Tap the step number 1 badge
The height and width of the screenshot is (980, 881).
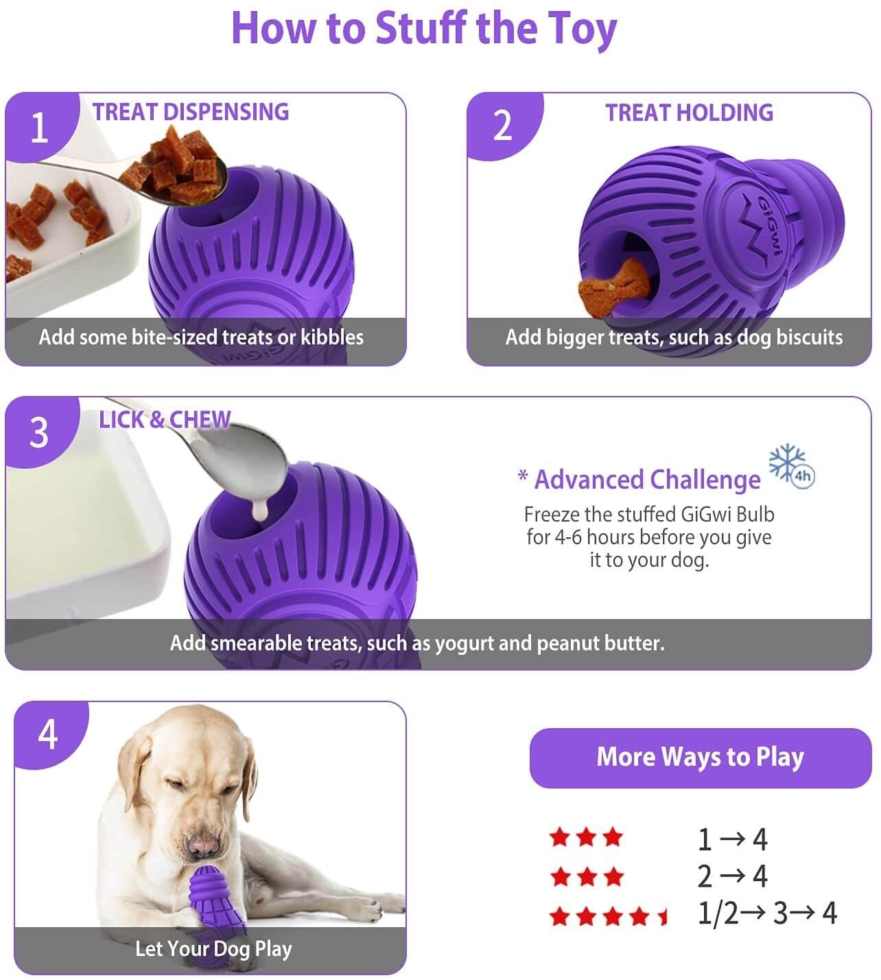pos(40,126)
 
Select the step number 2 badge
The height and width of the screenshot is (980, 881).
pos(503,126)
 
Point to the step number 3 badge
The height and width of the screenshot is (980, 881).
pos(40,432)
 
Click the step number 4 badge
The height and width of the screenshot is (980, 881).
pos(49,734)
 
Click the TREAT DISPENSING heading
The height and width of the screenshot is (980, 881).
pos(191,112)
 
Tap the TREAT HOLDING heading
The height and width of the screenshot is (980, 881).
pos(690,113)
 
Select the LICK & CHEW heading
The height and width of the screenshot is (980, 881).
pos(165,419)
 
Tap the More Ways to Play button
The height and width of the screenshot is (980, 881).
pos(701,758)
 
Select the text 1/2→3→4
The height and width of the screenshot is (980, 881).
pos(767,913)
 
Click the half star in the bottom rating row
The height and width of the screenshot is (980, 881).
pos(663,917)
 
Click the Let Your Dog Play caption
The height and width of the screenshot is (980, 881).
pos(213,948)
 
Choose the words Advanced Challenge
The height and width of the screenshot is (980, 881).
pos(648,479)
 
